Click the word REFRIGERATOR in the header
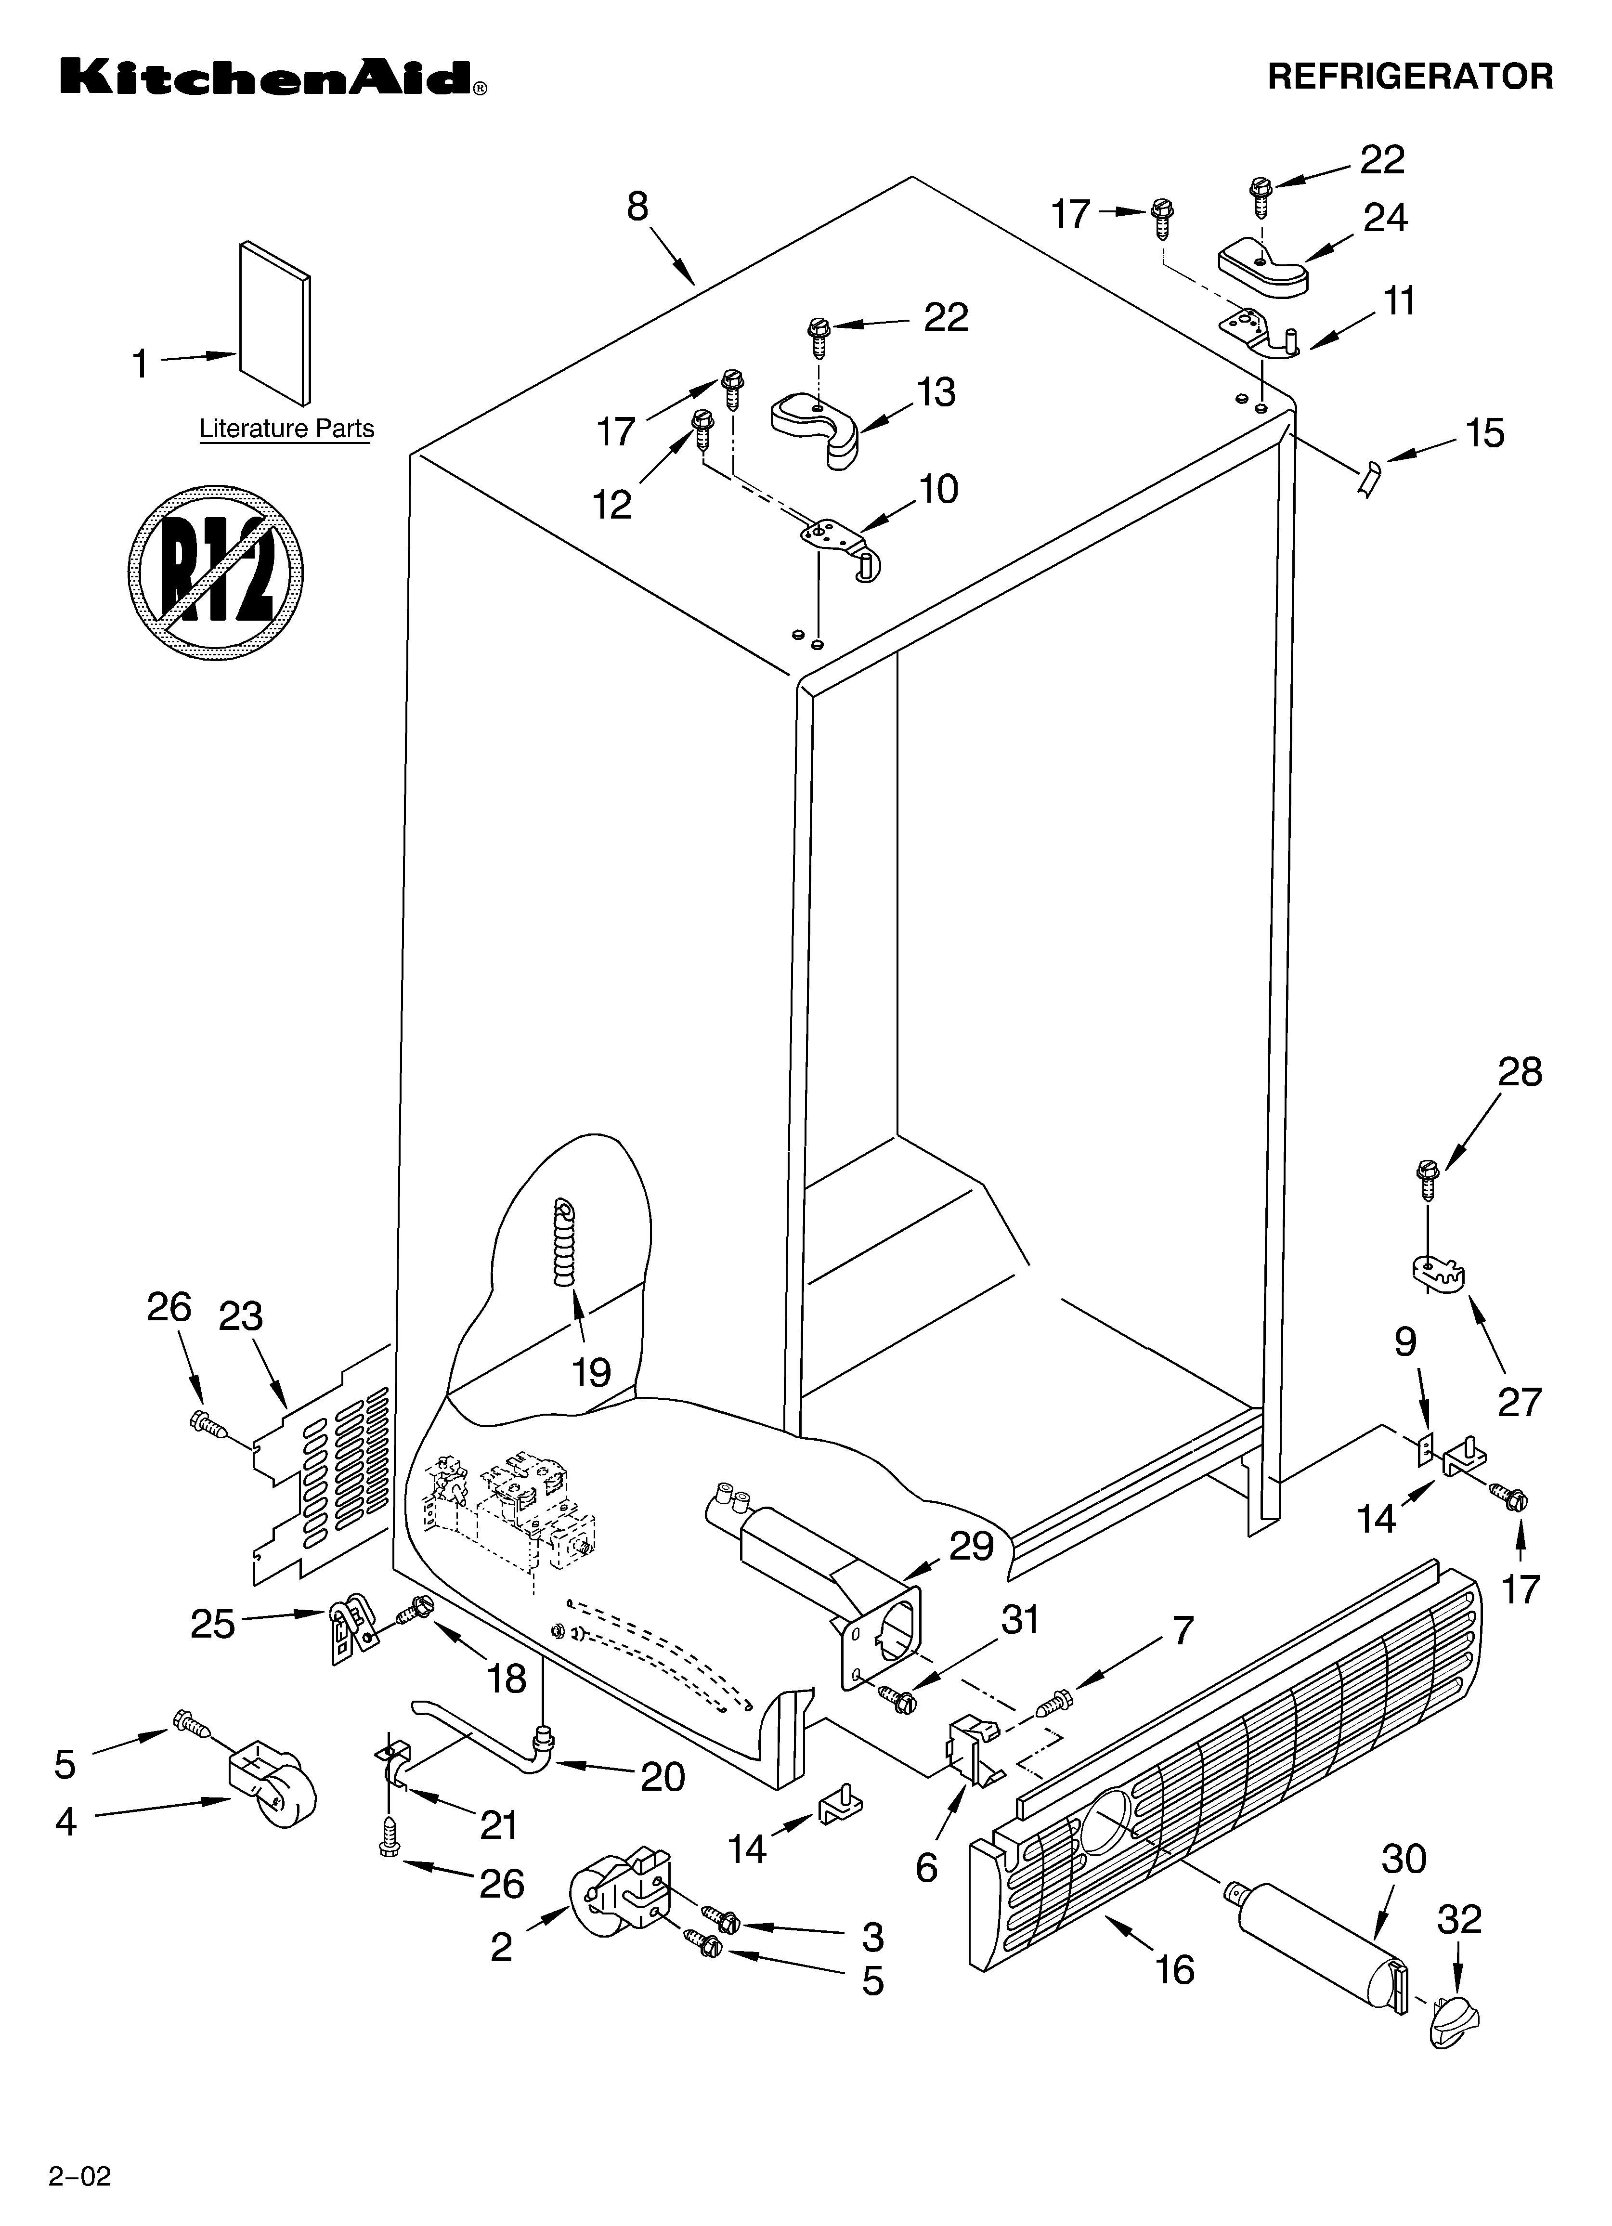1410,77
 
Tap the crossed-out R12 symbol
215,571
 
